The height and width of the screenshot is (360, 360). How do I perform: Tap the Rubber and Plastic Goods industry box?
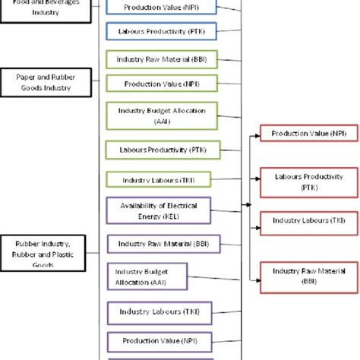(x=43, y=254)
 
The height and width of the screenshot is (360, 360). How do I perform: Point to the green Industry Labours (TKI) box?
(x=160, y=179)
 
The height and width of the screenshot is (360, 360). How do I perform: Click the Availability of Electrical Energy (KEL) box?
(x=160, y=210)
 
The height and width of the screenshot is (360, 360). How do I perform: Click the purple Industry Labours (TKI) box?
(x=159, y=311)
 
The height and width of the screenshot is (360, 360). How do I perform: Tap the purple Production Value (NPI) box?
(x=160, y=339)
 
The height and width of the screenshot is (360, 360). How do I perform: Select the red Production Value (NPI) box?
(x=308, y=134)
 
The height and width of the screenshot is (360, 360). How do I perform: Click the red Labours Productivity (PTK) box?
(x=308, y=181)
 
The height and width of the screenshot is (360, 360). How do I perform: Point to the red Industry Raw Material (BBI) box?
(x=308, y=275)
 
